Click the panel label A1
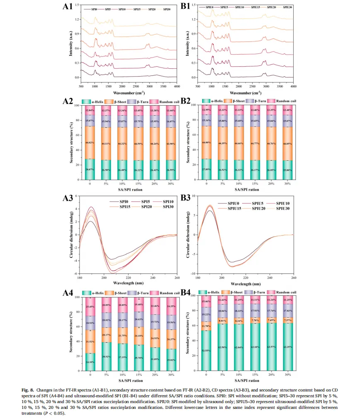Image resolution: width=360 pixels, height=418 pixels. [x=68, y=7]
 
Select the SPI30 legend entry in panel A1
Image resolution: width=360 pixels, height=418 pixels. [x=167, y=9]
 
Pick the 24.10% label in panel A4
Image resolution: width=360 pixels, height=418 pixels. [x=90, y=362]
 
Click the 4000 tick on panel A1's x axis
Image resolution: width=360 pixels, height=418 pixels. [x=176, y=87]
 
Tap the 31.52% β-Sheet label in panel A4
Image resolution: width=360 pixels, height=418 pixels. [x=90, y=330]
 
